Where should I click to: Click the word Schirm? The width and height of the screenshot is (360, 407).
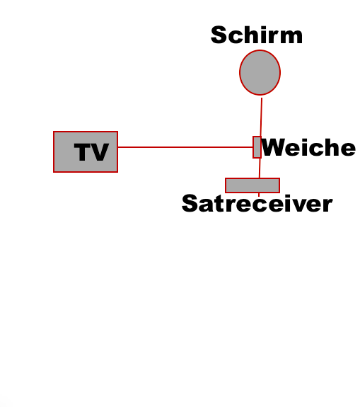pos(257,35)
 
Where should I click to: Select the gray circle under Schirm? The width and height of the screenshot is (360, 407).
pos(260,72)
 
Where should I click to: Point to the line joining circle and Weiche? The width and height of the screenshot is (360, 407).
pos(261,117)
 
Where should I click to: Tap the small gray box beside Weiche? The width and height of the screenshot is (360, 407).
pos(257,147)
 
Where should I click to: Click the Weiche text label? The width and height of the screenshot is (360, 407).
pos(308,147)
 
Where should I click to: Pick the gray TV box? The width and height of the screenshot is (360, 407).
pos(86,152)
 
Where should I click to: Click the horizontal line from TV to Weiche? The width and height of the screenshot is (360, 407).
pos(185,147)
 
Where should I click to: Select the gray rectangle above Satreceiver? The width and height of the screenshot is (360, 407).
pos(252,185)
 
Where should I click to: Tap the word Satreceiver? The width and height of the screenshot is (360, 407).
pos(257,204)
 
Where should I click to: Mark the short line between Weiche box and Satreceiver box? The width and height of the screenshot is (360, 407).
pos(260,168)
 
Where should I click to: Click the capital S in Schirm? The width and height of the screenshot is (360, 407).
pos(219,35)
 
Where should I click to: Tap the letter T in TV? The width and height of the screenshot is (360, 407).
pos(82,152)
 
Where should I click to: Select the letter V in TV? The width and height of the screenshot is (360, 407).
pos(99,152)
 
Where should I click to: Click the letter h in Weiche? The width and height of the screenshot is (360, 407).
pos(330,147)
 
